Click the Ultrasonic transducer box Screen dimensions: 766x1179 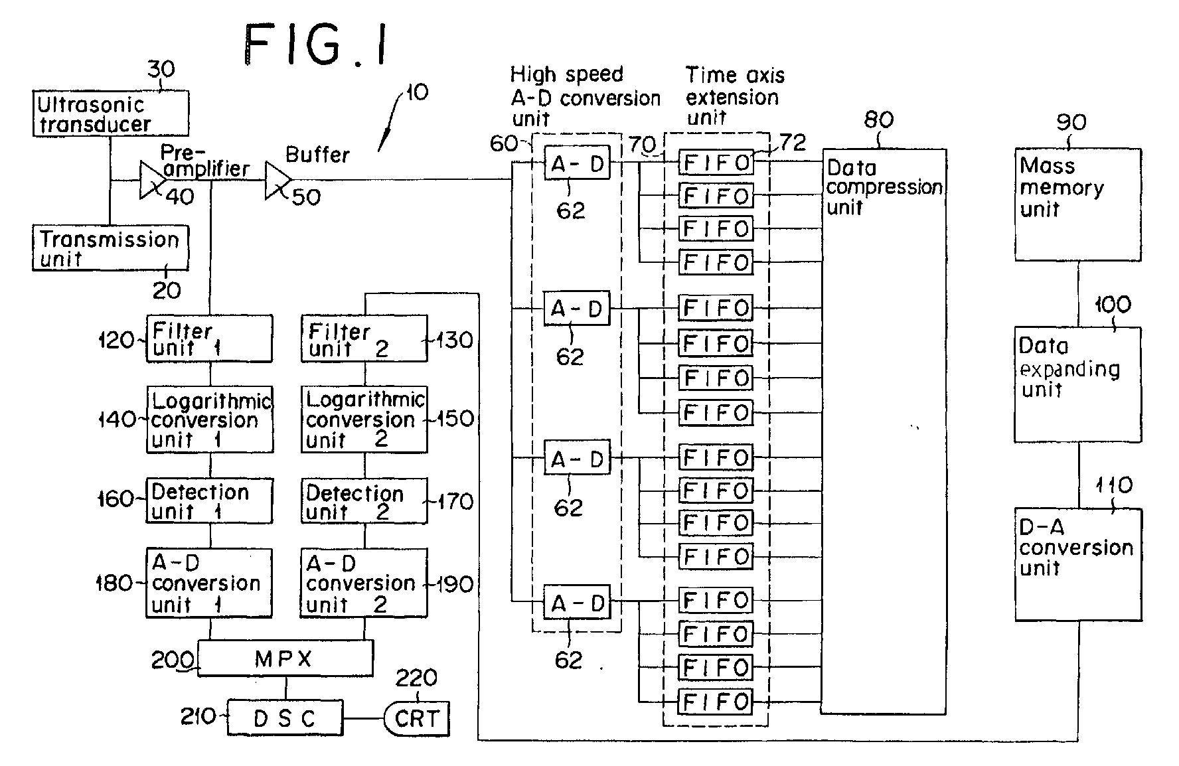pos(111,114)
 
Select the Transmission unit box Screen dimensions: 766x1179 pos(110,248)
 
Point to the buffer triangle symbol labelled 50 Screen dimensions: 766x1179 pos(276,180)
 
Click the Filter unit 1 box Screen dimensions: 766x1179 pos(209,339)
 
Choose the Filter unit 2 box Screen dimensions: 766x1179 pos(364,339)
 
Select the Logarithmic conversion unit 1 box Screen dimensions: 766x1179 pos(209,420)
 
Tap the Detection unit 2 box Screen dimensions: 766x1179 pos(364,501)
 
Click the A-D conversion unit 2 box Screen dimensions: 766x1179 pos(364,583)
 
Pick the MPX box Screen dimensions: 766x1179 pos(285,658)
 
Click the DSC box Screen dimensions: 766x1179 pos(285,718)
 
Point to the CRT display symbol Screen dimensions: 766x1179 pos(417,718)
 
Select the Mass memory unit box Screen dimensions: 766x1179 pos(1077,204)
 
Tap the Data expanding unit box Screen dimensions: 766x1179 pos(1077,384)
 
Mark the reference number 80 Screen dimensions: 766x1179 pos(879,120)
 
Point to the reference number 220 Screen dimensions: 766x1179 pos(416,678)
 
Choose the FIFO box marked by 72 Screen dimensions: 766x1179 pos(716,163)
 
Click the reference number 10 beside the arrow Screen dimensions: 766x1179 pos(417,92)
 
